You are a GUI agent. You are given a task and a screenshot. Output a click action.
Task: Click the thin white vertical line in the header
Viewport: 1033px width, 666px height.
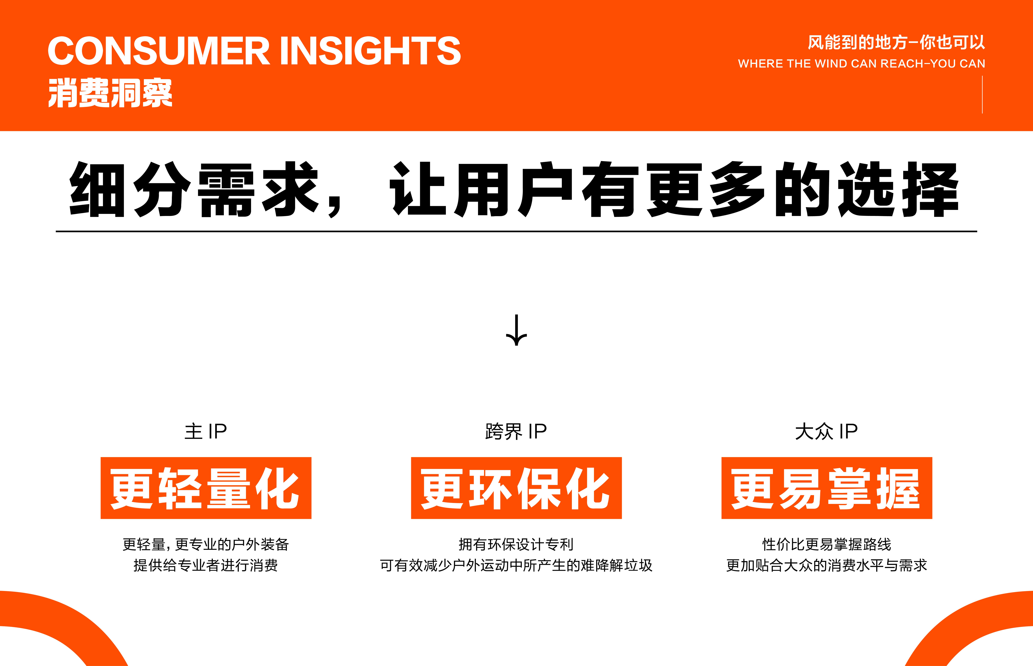pyautogui.click(x=982, y=94)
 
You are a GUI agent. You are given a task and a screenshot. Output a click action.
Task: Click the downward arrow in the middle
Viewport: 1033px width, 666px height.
pyautogui.click(x=516, y=330)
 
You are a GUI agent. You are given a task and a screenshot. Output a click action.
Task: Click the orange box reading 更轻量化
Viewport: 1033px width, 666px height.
pyautogui.click(x=206, y=488)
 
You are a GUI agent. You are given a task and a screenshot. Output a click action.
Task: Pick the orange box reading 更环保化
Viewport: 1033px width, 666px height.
pyautogui.click(x=516, y=488)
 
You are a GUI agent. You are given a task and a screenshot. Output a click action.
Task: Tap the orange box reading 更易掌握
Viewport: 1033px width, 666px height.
pyautogui.click(x=827, y=488)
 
